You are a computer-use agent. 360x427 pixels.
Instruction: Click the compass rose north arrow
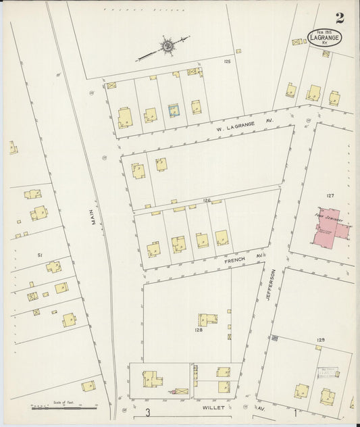click(x=165, y=47)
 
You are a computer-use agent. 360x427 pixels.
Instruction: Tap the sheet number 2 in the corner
click(x=339, y=18)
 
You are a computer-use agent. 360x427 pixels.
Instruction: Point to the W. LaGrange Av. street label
click(x=244, y=124)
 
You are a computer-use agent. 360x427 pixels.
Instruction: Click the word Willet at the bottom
click(x=211, y=408)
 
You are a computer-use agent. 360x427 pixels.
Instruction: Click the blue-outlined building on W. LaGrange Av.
click(x=174, y=110)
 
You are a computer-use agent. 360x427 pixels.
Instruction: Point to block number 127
click(x=330, y=195)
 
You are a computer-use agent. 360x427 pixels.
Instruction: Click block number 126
click(x=207, y=201)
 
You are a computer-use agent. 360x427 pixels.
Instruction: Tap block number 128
click(x=199, y=330)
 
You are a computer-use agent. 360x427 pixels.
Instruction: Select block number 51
click(x=40, y=255)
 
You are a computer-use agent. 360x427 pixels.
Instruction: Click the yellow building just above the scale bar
click(x=88, y=386)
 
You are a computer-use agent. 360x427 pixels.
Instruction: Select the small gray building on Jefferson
click(x=275, y=338)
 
